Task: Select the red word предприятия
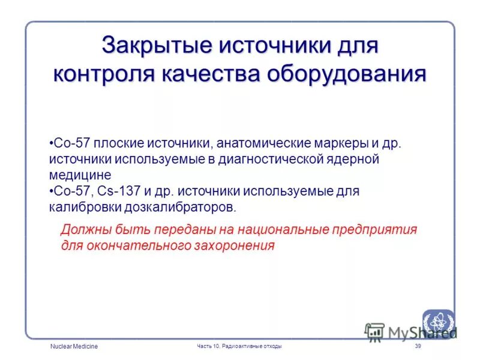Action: point(377,230)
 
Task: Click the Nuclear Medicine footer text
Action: point(74,347)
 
